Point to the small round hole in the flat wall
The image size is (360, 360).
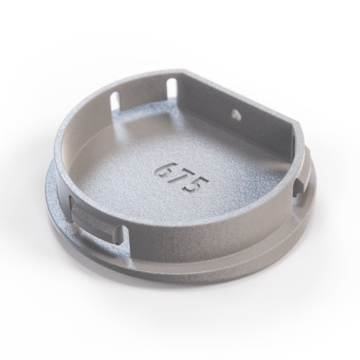pyautogui.click(x=236, y=114)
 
